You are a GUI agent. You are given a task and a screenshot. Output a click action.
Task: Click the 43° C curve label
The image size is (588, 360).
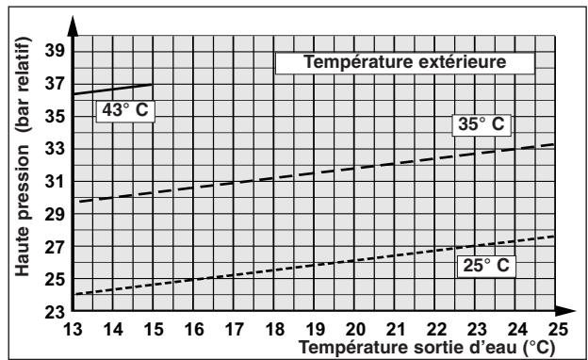coord(124,109)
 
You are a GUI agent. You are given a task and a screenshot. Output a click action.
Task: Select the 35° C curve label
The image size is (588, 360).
coord(481,124)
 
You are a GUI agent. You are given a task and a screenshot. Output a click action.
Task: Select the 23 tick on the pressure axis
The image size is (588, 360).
coord(56,312)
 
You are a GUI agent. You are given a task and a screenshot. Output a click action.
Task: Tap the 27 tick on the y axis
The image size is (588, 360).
coord(56,247)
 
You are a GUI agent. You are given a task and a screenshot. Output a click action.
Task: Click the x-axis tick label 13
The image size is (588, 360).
coord(73,329)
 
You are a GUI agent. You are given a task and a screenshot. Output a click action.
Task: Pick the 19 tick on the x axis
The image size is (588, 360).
coord(315,329)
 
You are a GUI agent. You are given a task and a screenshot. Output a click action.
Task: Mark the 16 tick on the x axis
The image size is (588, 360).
coord(194,329)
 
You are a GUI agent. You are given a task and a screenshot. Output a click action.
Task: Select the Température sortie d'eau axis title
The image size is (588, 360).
coord(420,347)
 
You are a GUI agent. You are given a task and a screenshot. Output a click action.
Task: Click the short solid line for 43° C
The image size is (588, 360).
coord(113,90)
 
